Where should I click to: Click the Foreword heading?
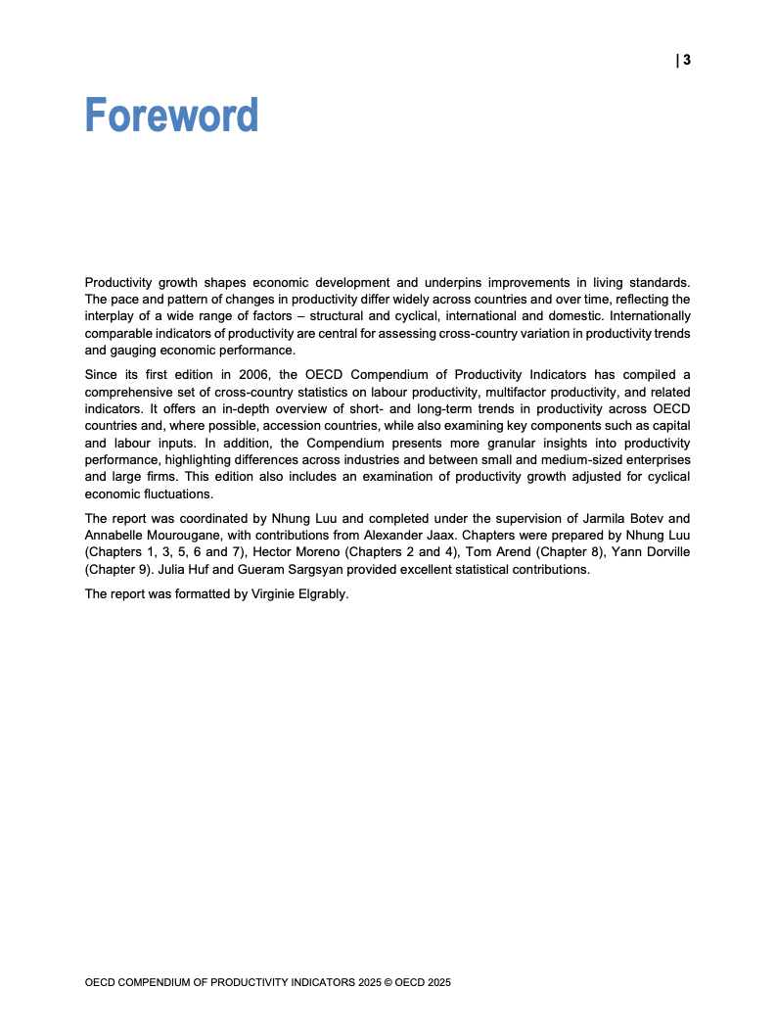click(x=171, y=117)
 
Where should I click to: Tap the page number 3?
click(x=687, y=61)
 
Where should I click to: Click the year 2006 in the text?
click(x=254, y=375)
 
